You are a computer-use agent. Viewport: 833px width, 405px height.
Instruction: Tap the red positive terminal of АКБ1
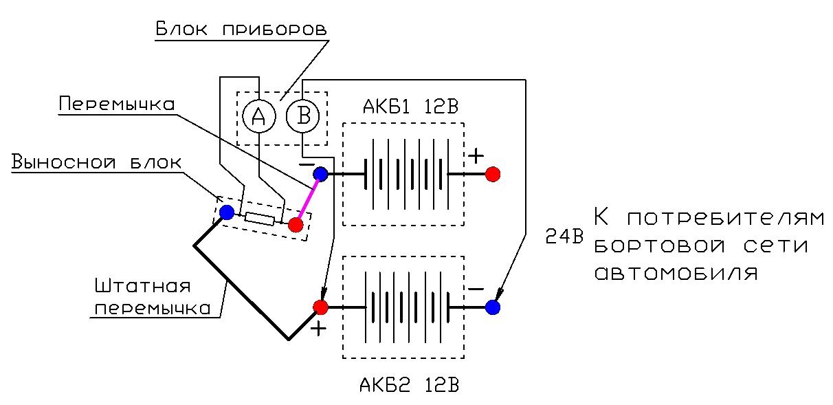[493, 174]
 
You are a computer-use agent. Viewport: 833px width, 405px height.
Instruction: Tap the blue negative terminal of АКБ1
[320, 174]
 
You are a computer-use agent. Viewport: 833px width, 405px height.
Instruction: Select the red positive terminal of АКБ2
[320, 307]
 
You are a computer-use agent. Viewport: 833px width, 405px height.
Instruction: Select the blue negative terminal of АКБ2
[493, 307]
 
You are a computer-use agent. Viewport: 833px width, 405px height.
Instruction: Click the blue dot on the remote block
[227, 212]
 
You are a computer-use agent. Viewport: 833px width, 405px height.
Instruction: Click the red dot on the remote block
[296, 225]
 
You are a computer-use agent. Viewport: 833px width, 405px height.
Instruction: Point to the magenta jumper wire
[309, 199]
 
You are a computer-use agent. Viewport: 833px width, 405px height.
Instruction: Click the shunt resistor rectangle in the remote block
[260, 218]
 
